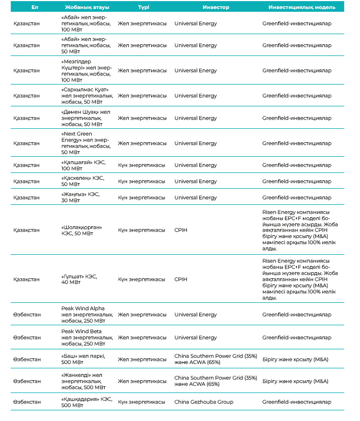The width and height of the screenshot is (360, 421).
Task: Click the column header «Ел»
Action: pos(34,7)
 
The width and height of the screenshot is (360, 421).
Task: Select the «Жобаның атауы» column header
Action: pos(83,7)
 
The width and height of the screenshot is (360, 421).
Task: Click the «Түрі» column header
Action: pos(143,7)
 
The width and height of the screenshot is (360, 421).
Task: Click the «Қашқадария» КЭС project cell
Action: pos(83,402)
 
